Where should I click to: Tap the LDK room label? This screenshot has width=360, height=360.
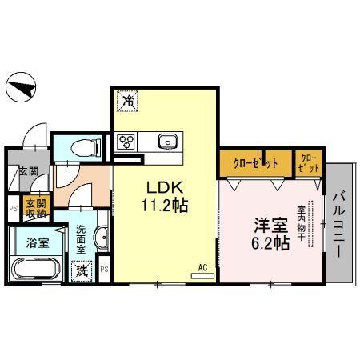pyautogui.click(x=162, y=187)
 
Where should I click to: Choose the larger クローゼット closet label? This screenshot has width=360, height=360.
pyautogui.click(x=255, y=162)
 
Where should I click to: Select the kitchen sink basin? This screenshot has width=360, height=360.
pyautogui.click(x=167, y=142)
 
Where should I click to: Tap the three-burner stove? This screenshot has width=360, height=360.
pyautogui.click(x=126, y=142)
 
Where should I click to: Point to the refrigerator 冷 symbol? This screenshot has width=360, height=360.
pyautogui.click(x=128, y=101)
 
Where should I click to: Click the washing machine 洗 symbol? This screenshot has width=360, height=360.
pyautogui.click(x=82, y=271)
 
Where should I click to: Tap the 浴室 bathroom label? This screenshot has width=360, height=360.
pyautogui.click(x=36, y=241)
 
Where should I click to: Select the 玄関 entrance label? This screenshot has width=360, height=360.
pyautogui.click(x=17, y=170)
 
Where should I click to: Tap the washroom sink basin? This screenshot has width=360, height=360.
pyautogui.click(x=101, y=238)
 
